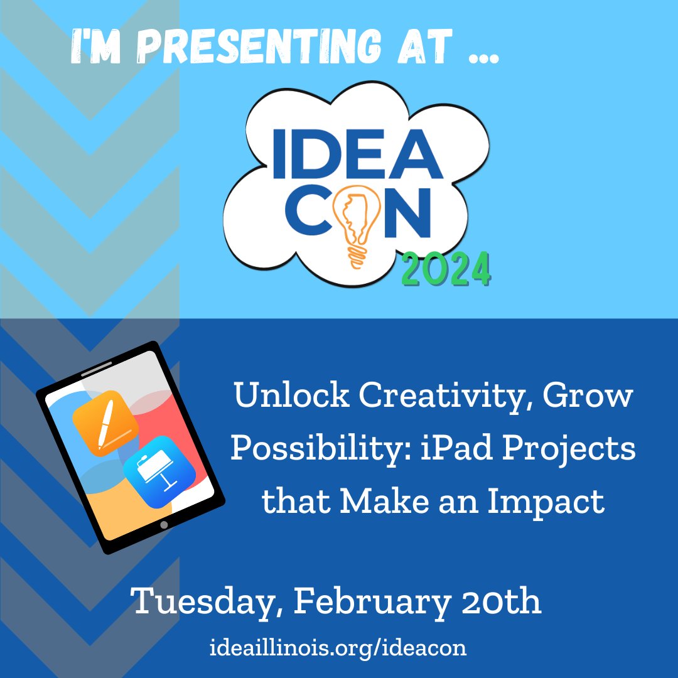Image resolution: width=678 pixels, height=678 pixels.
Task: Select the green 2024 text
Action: point(446,269)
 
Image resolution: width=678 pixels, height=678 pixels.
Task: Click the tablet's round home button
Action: point(164,524)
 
